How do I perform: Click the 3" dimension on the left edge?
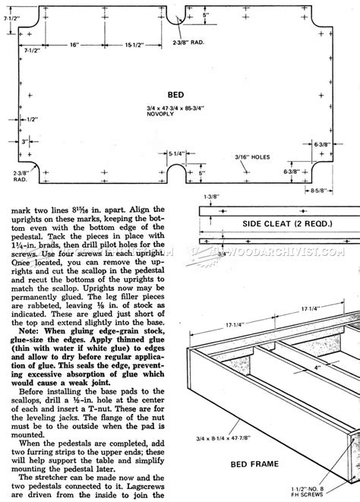pyautogui.click(x=26, y=142)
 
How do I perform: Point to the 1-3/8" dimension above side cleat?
pyautogui.click(x=207, y=196)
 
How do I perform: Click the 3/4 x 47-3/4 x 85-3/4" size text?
pyautogui.click(x=183, y=108)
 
